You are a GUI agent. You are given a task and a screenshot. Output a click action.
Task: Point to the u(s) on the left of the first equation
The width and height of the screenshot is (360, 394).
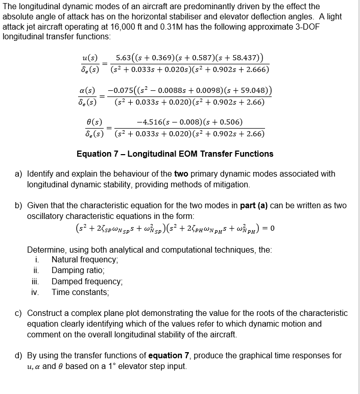(x=90, y=59)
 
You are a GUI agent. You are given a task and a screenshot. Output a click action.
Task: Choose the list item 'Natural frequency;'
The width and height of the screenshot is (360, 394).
(x=85, y=260)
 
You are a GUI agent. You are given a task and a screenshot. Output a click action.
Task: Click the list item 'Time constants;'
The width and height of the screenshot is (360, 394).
(x=80, y=292)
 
